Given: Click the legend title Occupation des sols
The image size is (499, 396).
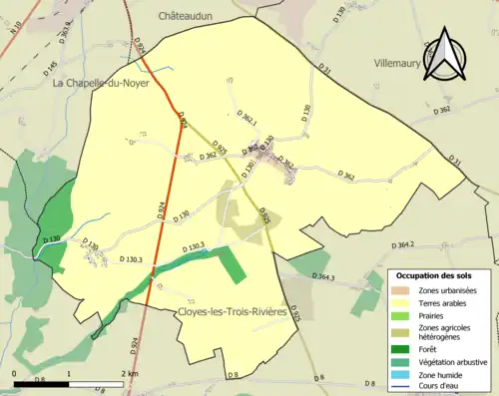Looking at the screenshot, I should click(x=437, y=274).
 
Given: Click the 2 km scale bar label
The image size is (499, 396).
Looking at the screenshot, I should click(x=129, y=374).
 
